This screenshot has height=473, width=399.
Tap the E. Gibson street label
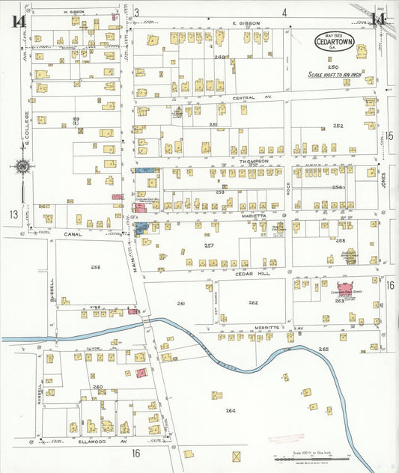tap(246, 23)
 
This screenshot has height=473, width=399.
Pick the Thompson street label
tap(254, 161)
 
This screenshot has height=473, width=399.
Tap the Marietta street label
tap(254, 213)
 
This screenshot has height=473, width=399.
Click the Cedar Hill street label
tap(252, 274)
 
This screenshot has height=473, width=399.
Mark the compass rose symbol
tap(22, 166)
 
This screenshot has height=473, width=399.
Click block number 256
tap(96, 267)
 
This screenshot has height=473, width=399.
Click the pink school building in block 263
tap(345, 288)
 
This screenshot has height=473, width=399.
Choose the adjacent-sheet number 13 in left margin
tap(13, 215)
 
